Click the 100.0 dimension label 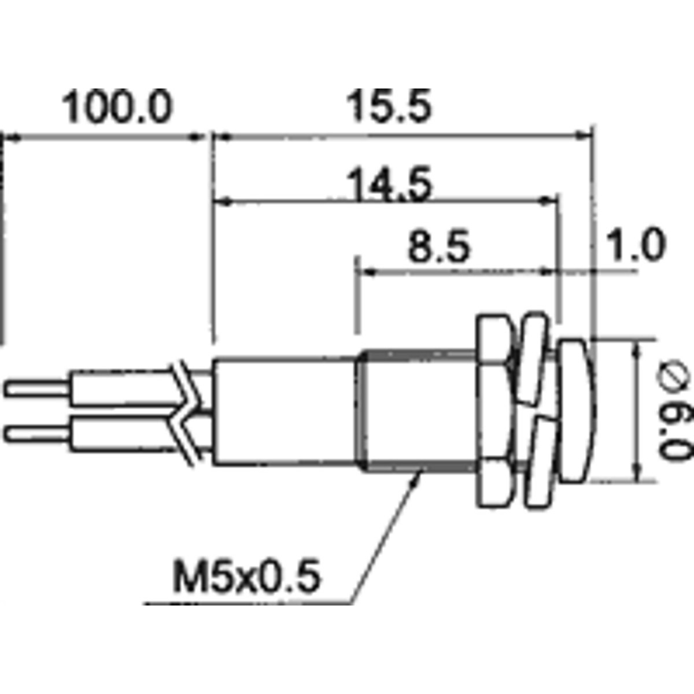point(117,106)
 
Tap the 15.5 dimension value point(388,106)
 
